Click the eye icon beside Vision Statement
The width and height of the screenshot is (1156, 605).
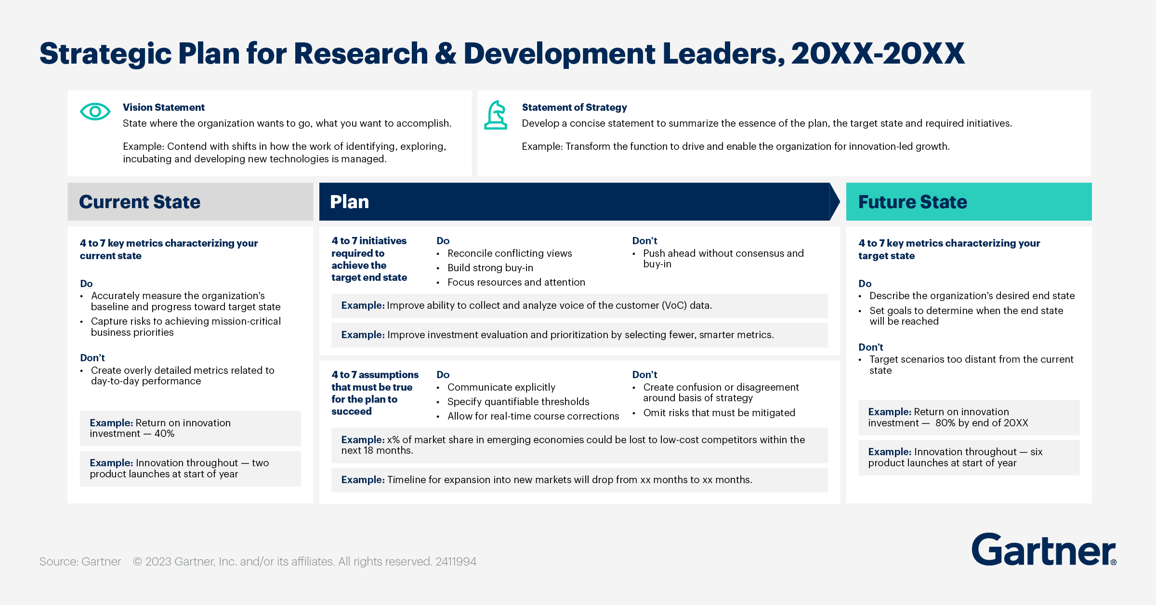pos(95,112)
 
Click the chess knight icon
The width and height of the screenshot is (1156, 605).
pos(496,115)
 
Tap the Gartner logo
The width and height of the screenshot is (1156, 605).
pos(1043,550)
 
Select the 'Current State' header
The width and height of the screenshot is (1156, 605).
pos(140,202)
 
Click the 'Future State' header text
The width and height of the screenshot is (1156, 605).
pos(912,202)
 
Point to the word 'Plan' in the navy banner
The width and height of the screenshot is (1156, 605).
pos(349,202)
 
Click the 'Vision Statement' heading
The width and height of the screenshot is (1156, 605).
pos(163,107)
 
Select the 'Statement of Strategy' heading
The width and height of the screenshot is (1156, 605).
pos(574,107)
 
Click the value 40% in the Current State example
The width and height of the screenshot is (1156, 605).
pos(164,434)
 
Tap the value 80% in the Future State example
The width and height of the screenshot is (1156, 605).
pos(946,423)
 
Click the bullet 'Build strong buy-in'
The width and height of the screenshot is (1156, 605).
pos(490,268)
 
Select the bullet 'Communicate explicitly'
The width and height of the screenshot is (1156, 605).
pos(501,387)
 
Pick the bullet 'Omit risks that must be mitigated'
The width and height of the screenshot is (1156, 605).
pos(719,413)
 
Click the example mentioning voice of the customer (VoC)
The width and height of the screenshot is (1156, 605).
pos(526,305)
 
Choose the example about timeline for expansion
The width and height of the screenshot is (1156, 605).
pos(546,480)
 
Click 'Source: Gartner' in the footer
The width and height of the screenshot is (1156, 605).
pos(80,562)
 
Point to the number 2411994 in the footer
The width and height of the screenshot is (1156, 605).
pos(456,562)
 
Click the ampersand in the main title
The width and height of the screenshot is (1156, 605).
pos(446,53)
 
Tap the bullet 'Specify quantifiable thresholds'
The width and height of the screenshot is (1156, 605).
pos(518,402)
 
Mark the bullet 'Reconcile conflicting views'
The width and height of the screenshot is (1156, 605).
pos(509,253)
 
